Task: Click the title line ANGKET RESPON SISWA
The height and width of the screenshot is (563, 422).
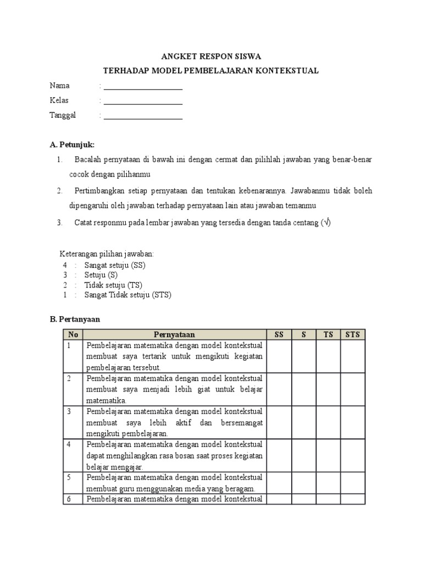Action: (x=211, y=56)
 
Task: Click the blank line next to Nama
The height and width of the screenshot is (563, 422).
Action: (x=143, y=87)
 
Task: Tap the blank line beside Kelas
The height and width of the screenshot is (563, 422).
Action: (x=143, y=101)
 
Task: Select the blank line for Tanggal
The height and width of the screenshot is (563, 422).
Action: (x=143, y=116)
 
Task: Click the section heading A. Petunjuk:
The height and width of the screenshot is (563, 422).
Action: (x=72, y=145)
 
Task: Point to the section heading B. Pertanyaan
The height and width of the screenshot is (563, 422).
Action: (x=75, y=319)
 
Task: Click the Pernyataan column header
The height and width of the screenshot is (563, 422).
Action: (x=174, y=334)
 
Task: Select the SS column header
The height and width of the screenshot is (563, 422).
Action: (x=279, y=334)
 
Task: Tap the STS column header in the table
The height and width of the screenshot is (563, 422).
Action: (x=353, y=334)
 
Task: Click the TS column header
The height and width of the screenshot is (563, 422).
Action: (x=328, y=334)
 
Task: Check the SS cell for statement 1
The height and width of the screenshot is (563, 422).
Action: (x=279, y=356)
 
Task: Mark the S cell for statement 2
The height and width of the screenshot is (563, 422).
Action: (x=303, y=389)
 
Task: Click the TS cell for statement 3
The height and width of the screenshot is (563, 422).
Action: (x=328, y=422)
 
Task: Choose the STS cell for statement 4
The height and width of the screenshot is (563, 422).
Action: (x=353, y=455)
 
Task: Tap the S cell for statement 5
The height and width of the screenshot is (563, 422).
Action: (x=303, y=483)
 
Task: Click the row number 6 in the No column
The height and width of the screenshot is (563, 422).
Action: (x=69, y=499)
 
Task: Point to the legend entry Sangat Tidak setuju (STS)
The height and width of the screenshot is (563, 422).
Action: (x=127, y=295)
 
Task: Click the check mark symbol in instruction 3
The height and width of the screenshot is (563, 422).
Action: (x=326, y=223)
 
